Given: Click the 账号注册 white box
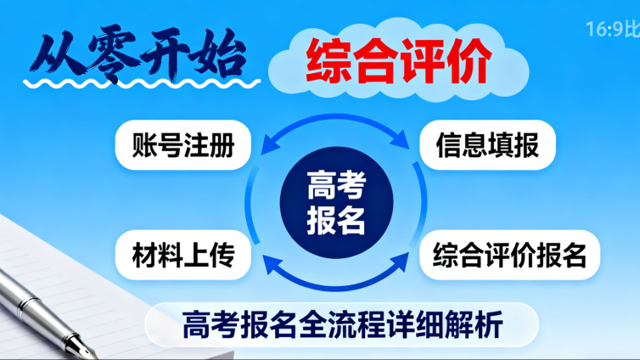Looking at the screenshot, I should [183, 145].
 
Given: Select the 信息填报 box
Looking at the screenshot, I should [487, 145].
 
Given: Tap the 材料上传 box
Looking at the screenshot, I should [183, 254].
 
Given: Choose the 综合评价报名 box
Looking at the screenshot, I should [509, 254].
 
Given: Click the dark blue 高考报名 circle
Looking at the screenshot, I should [336, 200].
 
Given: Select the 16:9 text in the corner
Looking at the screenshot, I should [604, 30].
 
